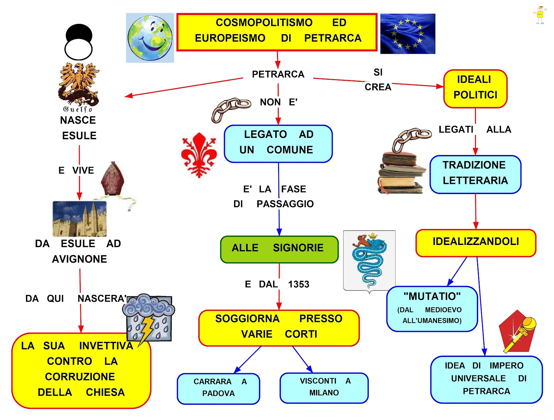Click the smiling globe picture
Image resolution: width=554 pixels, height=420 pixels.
150,38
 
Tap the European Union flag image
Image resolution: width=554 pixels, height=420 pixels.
408,34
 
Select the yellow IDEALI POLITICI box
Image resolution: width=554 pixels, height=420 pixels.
475,89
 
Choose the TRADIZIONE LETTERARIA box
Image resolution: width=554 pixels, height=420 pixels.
475,174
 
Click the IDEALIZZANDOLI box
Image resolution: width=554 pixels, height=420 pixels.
475,243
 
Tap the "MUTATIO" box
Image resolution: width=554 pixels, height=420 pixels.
432,308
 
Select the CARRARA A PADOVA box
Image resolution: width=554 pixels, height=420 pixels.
218,388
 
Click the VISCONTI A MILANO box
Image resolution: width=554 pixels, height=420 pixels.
324,388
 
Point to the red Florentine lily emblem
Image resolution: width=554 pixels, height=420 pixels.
199,154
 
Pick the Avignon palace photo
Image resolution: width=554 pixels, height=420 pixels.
79,219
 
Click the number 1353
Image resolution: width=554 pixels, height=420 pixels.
298,285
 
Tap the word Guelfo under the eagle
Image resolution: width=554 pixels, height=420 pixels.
78,110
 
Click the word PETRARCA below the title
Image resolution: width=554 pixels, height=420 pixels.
278,75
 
